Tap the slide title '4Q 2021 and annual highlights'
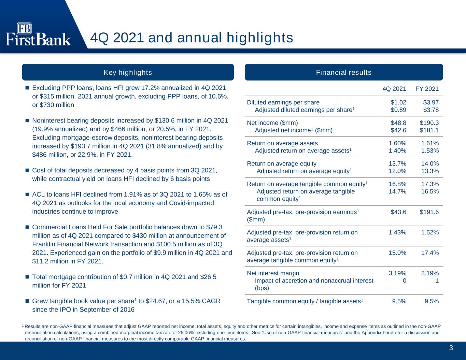click(x=192, y=38)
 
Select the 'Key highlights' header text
click(x=128, y=72)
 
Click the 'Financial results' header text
click(x=343, y=72)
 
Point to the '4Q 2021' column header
click(x=394, y=89)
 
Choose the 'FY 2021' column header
click(x=427, y=89)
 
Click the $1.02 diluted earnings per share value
click(x=398, y=102)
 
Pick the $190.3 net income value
click(x=429, y=123)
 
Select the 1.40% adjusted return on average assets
click(x=397, y=150)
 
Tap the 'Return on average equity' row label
click(x=282, y=163)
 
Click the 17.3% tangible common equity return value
click(x=430, y=184)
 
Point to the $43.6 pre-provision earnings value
click(x=398, y=212)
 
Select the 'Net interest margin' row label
click(x=273, y=273)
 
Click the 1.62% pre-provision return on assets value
click(x=430, y=232)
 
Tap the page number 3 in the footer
click(x=451, y=348)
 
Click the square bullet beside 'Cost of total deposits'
click(x=27, y=170)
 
